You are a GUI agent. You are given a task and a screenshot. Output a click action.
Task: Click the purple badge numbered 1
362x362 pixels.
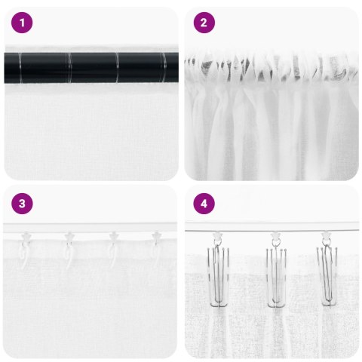[x=23, y=23]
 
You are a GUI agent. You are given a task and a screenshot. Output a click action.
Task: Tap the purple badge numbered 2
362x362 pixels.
[x=203, y=23]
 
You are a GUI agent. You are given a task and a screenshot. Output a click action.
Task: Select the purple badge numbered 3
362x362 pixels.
[x=23, y=203]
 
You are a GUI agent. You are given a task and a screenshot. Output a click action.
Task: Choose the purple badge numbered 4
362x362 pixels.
[x=203, y=203]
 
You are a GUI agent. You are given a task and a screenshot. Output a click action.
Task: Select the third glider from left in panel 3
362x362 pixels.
[x=113, y=239]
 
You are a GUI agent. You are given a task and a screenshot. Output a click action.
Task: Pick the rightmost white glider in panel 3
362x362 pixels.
[x=157, y=239]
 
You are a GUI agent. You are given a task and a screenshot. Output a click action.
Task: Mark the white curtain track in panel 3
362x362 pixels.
[x=90, y=228]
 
